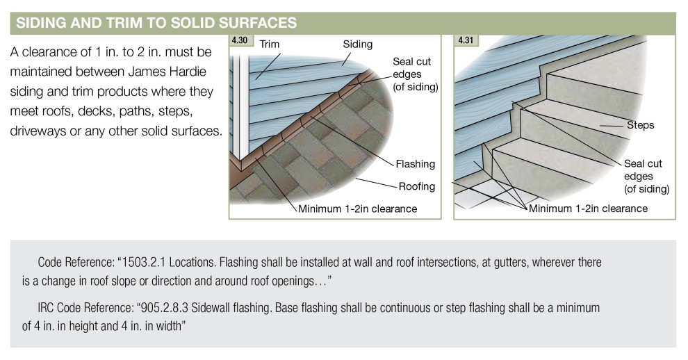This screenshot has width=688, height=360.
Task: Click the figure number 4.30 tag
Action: point(240,41)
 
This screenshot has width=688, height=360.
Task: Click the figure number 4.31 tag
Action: point(465,41)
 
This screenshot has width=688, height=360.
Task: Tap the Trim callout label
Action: point(269,44)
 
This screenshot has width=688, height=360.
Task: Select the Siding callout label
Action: point(357,44)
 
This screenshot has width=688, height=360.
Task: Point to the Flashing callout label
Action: point(415,164)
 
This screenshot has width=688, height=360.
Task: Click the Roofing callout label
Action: point(417,186)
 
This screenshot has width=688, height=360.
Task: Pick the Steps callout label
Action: point(640,126)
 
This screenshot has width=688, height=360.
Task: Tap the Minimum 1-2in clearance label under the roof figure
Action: point(357,208)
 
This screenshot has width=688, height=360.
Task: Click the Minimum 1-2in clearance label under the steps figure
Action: point(588,208)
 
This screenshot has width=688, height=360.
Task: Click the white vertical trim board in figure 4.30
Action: point(241,104)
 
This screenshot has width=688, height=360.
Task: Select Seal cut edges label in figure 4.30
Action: point(415,74)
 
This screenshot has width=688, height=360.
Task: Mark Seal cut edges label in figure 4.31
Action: point(646,176)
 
